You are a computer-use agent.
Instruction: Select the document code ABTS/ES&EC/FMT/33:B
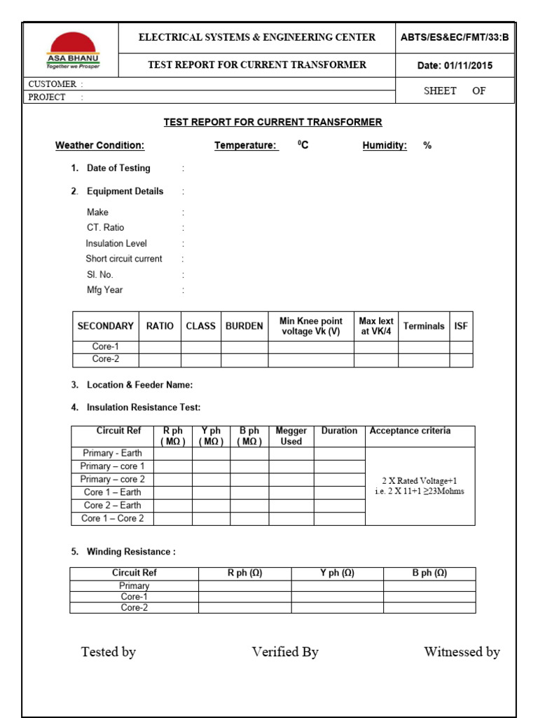point(455,38)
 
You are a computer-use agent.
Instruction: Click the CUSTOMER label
point(52,84)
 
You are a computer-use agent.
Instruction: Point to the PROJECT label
point(47,97)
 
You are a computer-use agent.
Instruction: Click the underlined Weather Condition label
point(99,146)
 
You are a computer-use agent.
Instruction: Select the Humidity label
point(385,146)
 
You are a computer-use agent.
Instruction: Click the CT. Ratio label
point(105,228)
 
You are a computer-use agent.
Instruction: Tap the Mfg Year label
point(104,290)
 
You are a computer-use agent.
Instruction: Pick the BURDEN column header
point(244,326)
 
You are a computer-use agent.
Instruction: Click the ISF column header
point(461,326)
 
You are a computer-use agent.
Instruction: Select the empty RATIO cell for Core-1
point(160,346)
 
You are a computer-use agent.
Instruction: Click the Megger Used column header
point(291,436)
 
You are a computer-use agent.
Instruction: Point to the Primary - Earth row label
point(112,453)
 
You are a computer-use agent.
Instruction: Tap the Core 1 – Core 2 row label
point(112,518)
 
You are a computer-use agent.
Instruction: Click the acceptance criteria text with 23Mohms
point(420,486)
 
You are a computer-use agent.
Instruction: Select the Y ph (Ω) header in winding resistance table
point(337,573)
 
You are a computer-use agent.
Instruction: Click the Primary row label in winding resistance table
point(134,585)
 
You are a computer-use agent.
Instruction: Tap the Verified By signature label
point(285,652)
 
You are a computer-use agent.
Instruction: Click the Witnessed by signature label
point(462,652)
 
